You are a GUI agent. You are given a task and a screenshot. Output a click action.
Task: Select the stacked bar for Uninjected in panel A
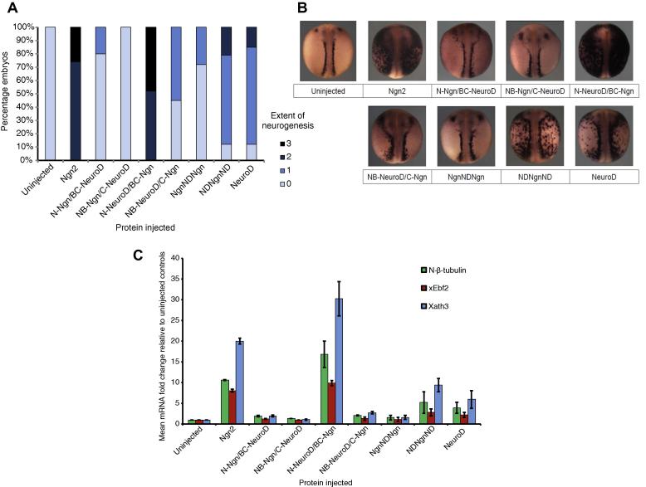point(50,93)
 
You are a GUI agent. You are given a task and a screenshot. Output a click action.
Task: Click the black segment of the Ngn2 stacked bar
point(76,44)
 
